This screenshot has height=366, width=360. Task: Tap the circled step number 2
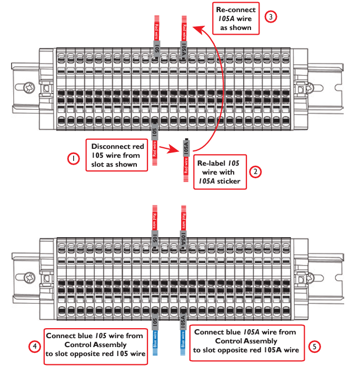coord(255,172)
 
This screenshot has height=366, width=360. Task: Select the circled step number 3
coord(271,17)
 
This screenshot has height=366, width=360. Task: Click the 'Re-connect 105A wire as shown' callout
coord(236,18)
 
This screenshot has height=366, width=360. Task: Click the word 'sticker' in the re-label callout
coord(230,181)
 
